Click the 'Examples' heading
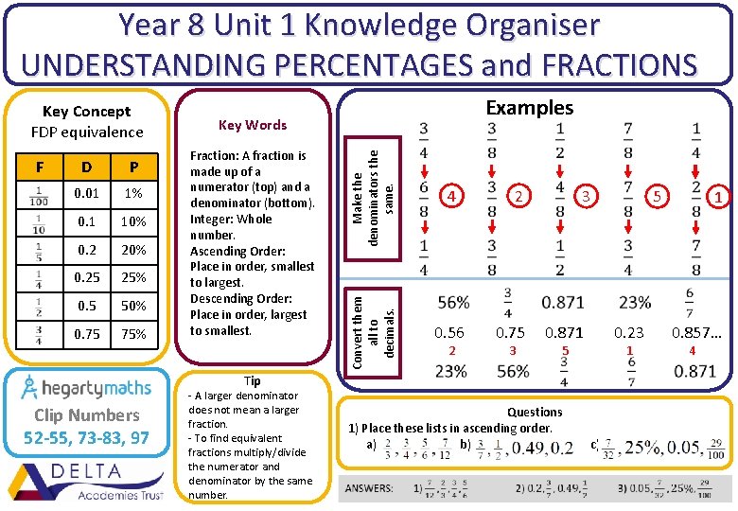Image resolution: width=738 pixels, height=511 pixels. [529, 108]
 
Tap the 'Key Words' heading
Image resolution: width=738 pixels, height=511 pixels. [252, 125]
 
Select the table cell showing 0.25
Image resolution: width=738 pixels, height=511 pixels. [86, 277]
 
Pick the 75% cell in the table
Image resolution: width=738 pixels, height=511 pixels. [133, 334]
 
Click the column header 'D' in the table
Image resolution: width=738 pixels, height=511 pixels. [86, 167]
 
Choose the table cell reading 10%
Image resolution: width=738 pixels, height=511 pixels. [133, 222]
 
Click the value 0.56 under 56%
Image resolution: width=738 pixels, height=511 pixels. [449, 332]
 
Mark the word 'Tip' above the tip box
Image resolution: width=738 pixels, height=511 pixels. [253, 380]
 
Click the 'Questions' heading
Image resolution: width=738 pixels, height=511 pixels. [535, 412]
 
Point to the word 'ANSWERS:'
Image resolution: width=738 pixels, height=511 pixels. [370, 488]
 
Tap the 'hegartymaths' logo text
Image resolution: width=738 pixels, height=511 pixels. [91, 387]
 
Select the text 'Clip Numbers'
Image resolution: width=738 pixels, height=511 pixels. [86, 415]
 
